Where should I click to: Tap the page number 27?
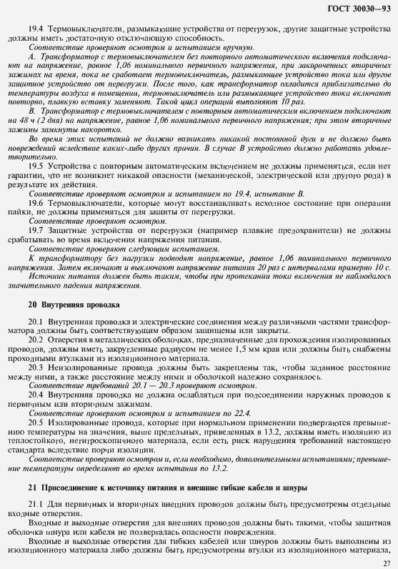click(x=387, y=562)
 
